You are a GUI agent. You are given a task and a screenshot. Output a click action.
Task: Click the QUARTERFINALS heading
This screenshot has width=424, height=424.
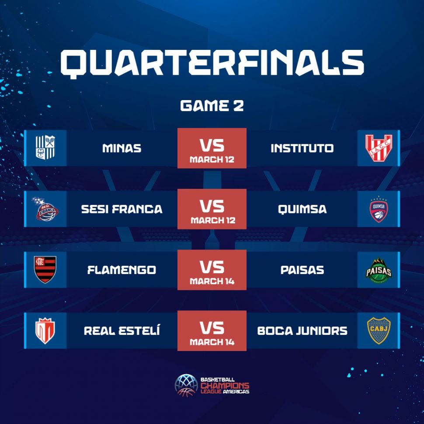tap(212, 63)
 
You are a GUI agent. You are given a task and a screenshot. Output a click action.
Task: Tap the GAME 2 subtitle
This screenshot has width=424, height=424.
tap(212, 105)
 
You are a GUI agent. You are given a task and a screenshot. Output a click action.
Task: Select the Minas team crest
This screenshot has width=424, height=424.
tap(45, 147)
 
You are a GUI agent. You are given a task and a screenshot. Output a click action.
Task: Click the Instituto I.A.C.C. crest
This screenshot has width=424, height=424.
tap(379, 148)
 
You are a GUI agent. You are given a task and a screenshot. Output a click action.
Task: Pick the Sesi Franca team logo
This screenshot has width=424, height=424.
tap(45, 209)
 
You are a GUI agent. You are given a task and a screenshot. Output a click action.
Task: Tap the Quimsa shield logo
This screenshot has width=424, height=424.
tap(379, 209)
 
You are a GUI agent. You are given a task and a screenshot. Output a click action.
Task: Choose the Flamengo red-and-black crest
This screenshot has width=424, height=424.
tap(45, 269)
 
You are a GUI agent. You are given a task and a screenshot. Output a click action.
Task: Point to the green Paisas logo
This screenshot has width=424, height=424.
tap(379, 270)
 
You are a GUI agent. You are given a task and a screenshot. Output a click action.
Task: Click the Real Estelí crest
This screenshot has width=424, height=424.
tap(45, 331)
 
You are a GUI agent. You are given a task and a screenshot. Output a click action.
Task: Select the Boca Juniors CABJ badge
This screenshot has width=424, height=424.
tap(379, 330)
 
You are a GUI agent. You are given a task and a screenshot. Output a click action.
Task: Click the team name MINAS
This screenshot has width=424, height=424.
tap(122, 148)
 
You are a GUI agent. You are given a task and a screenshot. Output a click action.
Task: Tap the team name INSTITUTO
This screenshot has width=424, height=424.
tap(302, 148)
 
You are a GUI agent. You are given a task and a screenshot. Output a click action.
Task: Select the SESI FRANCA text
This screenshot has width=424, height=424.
tap(122, 209)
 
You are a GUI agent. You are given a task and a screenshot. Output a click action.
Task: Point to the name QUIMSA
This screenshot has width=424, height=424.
tap(302, 209)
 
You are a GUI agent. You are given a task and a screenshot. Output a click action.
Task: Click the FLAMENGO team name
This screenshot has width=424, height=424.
tap(122, 270)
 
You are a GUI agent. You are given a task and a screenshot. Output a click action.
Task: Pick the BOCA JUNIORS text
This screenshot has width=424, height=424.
tap(302, 331)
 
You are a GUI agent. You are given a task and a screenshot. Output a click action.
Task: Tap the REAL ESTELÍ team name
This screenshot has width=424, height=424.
tap(122, 330)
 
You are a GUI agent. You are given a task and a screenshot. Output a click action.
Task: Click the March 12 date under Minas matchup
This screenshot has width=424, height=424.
tap(212, 160)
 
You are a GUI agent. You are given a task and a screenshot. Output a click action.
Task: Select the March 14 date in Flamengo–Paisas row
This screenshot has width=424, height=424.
tap(212, 281)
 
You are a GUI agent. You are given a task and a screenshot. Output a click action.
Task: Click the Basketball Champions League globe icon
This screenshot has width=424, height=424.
tap(186, 386)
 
